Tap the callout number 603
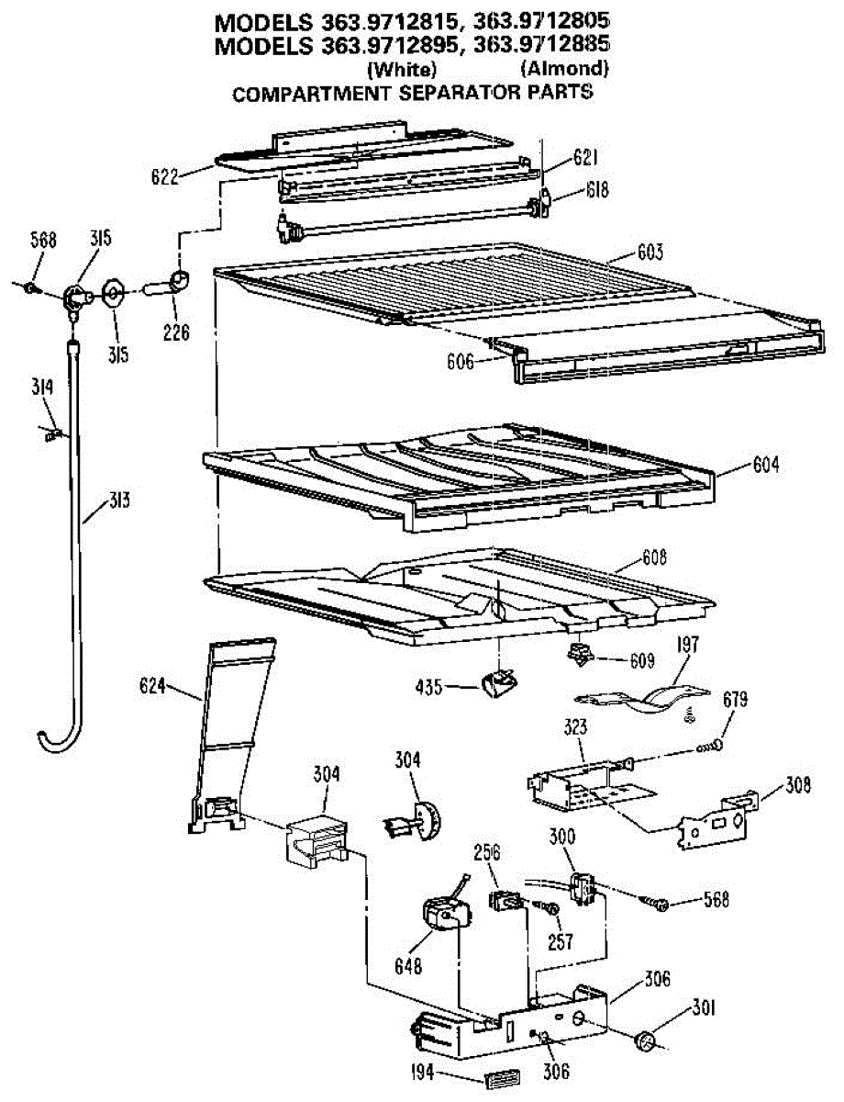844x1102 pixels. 649,252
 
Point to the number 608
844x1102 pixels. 655,557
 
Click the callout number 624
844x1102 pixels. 154,684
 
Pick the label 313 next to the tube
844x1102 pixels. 117,501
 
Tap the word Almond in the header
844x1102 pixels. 564,68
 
